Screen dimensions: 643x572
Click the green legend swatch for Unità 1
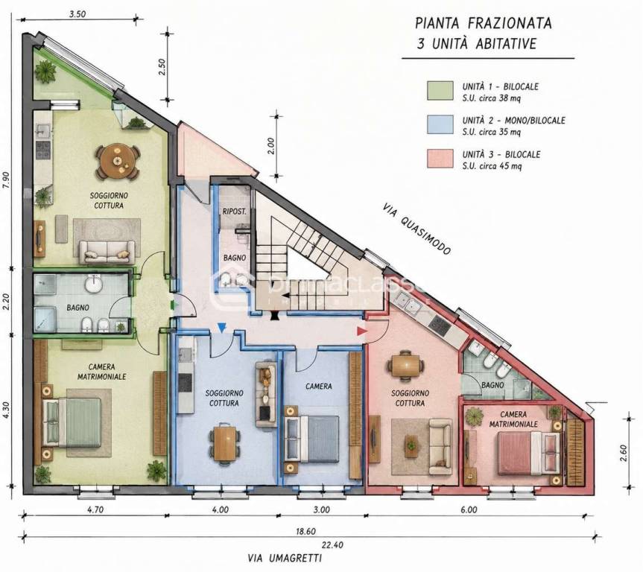tap(440, 91)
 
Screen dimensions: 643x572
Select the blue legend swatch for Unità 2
tap(440, 124)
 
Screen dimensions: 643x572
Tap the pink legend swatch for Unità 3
tap(440, 159)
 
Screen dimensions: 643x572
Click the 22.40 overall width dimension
tap(332, 545)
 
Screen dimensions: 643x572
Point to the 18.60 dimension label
tap(306, 532)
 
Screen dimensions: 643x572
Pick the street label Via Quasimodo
tap(416, 229)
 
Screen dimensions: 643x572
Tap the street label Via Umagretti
tap(285, 559)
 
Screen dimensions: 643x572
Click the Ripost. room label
tap(234, 212)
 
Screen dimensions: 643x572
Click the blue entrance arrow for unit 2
tap(221, 328)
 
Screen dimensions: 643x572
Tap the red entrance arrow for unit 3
tap(361, 331)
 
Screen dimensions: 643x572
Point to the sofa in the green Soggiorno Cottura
tap(107, 252)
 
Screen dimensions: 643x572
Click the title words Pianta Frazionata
tap(483, 23)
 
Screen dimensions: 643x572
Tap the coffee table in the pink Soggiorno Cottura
tap(411, 445)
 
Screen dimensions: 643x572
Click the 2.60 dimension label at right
tap(624, 453)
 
